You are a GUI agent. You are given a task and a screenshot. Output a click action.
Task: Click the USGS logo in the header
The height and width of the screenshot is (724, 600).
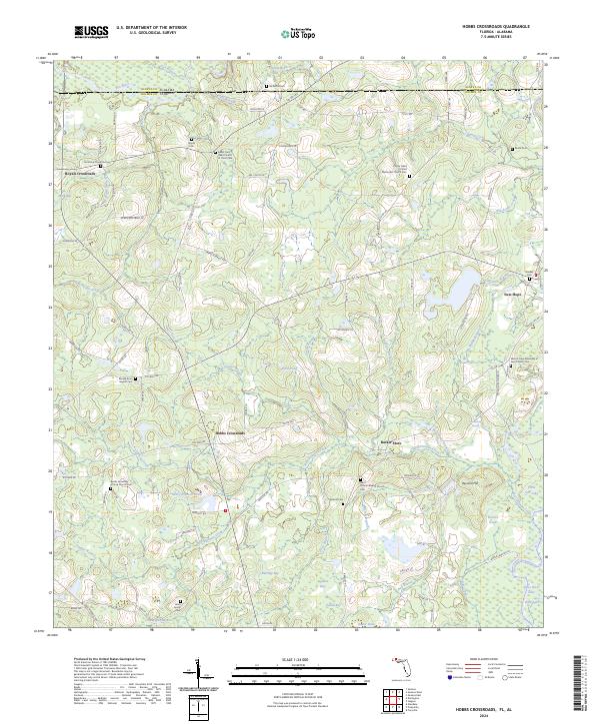(x=91, y=32)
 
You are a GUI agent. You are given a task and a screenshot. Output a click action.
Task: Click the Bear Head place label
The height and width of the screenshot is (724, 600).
(x=512, y=295)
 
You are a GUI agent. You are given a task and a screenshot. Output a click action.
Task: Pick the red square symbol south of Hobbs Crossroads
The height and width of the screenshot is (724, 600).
(x=227, y=512)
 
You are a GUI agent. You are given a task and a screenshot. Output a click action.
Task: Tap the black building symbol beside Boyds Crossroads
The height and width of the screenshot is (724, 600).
(x=99, y=164)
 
